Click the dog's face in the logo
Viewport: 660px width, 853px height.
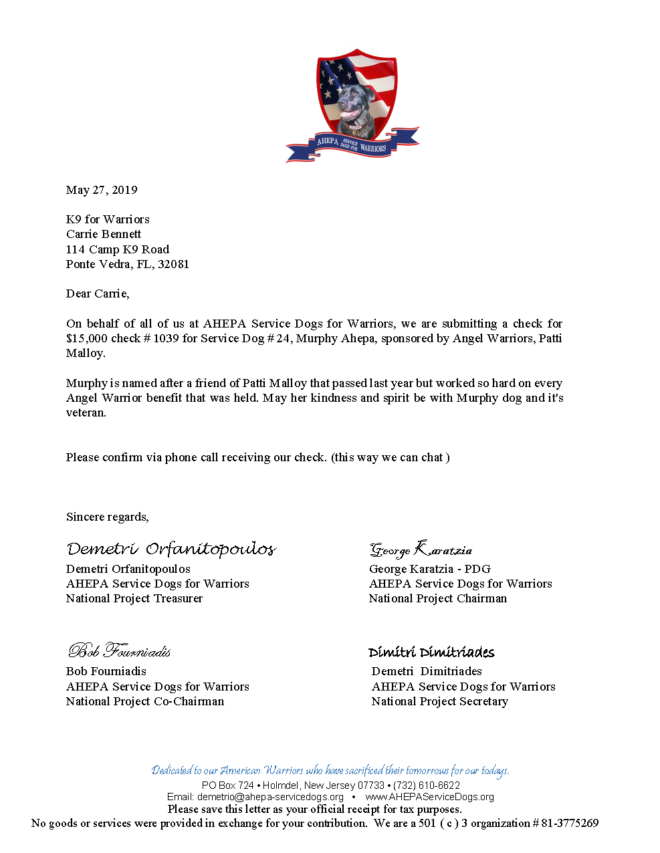[355, 104]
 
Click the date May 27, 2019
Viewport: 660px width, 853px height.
[102, 190]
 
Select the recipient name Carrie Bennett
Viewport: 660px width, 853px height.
[104, 234]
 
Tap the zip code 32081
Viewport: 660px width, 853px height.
[173, 264]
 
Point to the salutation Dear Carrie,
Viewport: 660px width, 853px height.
[98, 293]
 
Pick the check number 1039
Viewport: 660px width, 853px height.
[166, 338]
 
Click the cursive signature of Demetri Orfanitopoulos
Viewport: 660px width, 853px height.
[171, 550]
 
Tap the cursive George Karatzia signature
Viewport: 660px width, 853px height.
[421, 550]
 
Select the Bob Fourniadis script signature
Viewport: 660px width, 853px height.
[120, 650]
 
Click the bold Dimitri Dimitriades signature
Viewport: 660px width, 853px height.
[431, 652]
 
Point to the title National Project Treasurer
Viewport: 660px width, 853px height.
[134, 598]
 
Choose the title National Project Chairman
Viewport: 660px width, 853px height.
[438, 598]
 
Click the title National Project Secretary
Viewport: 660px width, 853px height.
[440, 701]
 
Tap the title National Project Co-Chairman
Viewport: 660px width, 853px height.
[145, 701]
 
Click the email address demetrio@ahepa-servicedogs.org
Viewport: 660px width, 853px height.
[270, 797]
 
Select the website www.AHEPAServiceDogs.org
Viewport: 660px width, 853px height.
[430, 797]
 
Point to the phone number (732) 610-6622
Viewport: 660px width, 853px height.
[427, 785]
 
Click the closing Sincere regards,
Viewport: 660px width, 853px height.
[108, 517]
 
